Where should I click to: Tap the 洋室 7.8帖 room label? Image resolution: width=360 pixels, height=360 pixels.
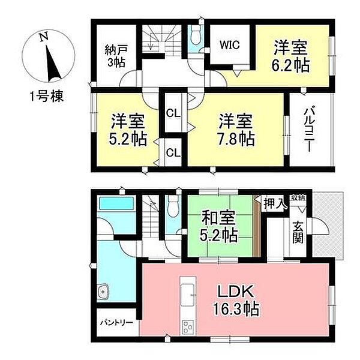coord(236,128)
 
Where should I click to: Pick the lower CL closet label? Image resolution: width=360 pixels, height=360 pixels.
coord(173,152)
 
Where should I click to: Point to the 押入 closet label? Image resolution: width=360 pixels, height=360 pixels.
coord(275,205)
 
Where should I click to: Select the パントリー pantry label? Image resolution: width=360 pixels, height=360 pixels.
coord(116,322)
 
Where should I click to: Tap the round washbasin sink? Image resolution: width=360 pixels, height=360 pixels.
coord(103,293)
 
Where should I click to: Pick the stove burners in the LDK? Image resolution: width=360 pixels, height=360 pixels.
coord(188,328)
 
